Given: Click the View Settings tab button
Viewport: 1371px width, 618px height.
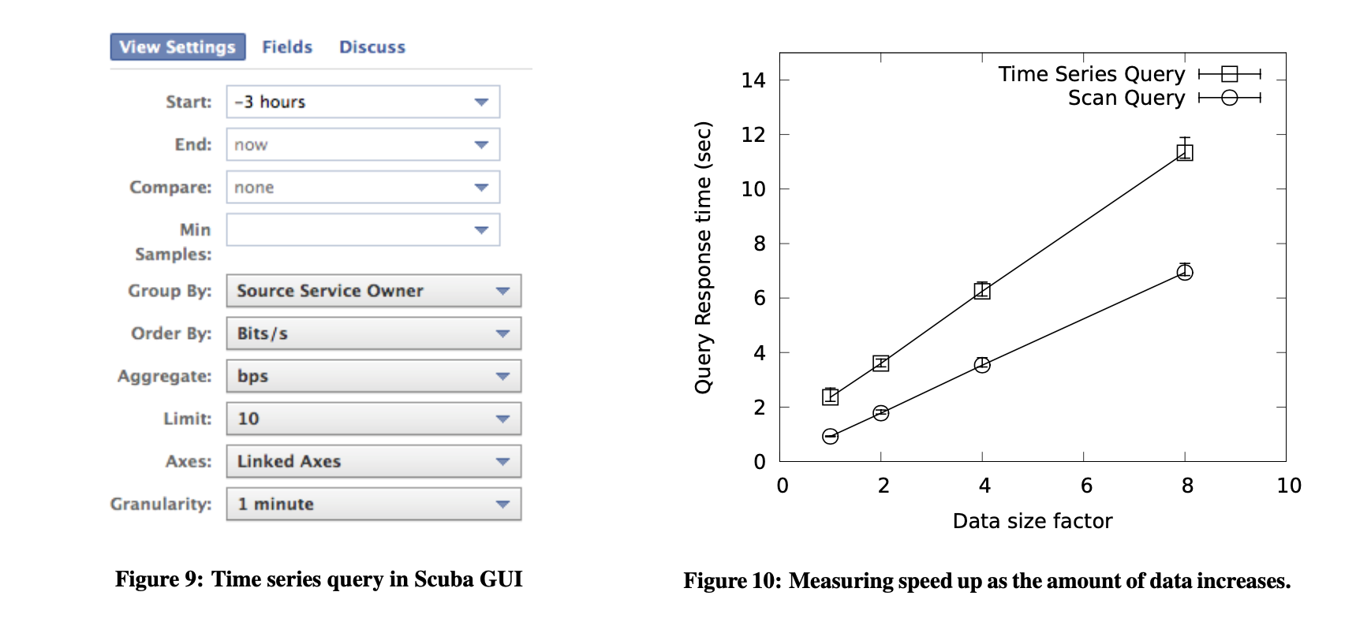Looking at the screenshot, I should [177, 47].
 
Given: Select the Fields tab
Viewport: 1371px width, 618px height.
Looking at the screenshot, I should [287, 47].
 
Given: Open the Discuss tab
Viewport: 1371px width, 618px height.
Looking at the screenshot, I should [372, 47].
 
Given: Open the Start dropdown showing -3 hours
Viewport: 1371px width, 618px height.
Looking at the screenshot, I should [363, 102].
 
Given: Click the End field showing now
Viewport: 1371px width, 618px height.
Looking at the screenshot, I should [363, 144].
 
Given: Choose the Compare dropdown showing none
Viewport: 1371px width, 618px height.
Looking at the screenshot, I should [363, 187].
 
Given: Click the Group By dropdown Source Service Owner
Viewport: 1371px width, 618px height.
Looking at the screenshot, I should [373, 291].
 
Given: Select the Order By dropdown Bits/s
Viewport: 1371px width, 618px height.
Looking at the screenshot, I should [373, 333].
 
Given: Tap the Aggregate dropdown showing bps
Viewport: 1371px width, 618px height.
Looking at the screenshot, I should [373, 376].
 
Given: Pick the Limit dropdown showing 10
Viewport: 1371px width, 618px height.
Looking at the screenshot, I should [373, 419].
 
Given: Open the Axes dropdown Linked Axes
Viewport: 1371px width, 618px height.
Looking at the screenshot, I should [373, 461].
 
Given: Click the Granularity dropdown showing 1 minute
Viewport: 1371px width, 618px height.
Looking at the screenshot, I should [373, 504].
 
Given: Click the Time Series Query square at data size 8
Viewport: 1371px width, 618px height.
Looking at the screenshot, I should [1184, 152].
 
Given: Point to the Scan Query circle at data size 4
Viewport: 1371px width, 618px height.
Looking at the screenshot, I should [982, 365].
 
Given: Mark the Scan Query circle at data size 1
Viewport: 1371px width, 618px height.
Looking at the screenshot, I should [830, 436].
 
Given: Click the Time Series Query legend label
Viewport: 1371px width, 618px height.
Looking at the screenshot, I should [1091, 74].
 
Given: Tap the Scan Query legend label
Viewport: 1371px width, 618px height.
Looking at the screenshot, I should [1126, 98].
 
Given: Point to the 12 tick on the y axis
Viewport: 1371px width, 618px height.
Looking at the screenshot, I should [753, 135].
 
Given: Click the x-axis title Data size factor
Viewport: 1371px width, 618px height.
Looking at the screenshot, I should [1032, 521].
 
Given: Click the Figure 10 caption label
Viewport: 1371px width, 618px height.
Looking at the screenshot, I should [986, 581].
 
